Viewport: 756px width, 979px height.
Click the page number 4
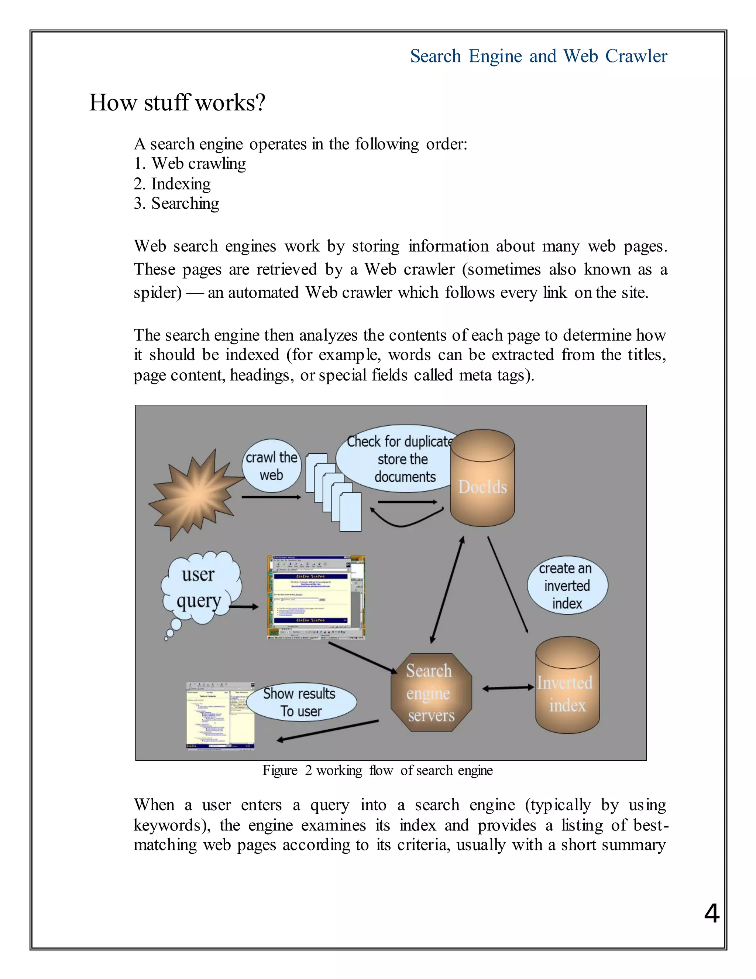(x=712, y=913)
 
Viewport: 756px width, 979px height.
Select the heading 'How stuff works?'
(x=177, y=103)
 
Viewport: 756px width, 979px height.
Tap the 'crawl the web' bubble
(x=271, y=466)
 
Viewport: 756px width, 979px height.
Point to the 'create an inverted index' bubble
(x=567, y=586)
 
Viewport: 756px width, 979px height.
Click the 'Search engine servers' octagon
(x=431, y=693)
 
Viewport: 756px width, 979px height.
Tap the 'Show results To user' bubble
(x=301, y=702)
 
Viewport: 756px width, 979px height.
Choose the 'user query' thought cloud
(x=200, y=588)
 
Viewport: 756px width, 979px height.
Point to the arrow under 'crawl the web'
(x=271, y=497)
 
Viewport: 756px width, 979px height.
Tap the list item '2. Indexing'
(x=172, y=184)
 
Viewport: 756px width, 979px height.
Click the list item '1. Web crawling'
(x=189, y=164)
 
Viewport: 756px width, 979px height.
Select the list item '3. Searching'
(x=176, y=204)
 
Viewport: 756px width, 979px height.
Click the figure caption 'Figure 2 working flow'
(x=377, y=771)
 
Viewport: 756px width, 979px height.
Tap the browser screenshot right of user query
(x=316, y=597)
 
